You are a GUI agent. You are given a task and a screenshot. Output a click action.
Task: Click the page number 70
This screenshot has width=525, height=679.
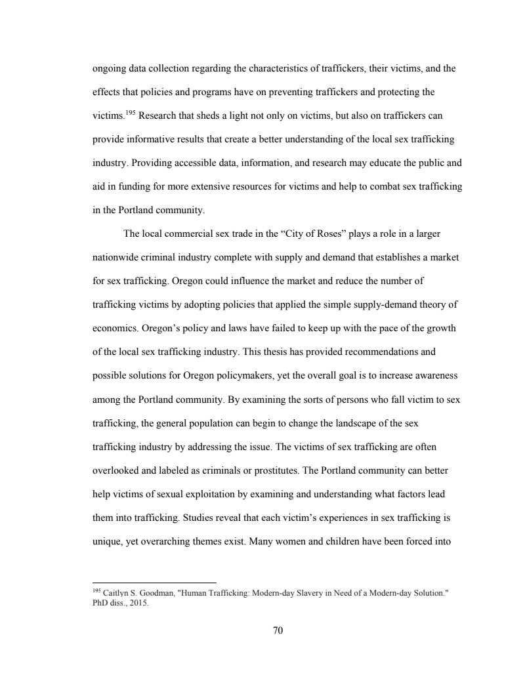point(277,631)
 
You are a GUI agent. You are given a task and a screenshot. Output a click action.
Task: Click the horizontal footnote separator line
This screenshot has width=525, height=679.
point(155,583)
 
